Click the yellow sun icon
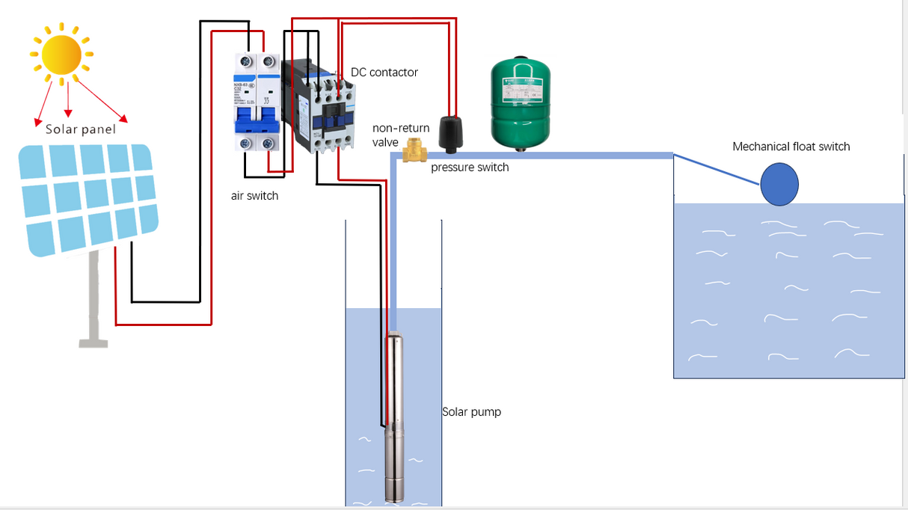(x=61, y=54)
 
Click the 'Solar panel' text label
(x=81, y=129)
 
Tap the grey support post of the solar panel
(x=93, y=299)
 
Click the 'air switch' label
(x=254, y=196)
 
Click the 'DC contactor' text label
(x=384, y=73)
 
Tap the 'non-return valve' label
(x=400, y=135)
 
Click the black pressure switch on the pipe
(x=452, y=133)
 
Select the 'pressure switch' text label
(x=470, y=168)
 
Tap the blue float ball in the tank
(x=779, y=184)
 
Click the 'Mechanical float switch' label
(x=791, y=147)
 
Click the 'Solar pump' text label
(x=471, y=412)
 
